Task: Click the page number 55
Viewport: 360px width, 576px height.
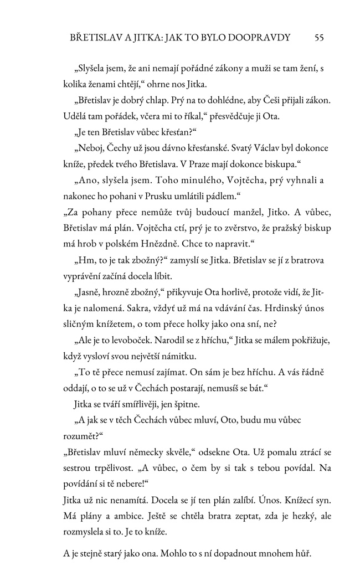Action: coord(318,38)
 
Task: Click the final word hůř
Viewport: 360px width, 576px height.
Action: coord(303,554)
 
